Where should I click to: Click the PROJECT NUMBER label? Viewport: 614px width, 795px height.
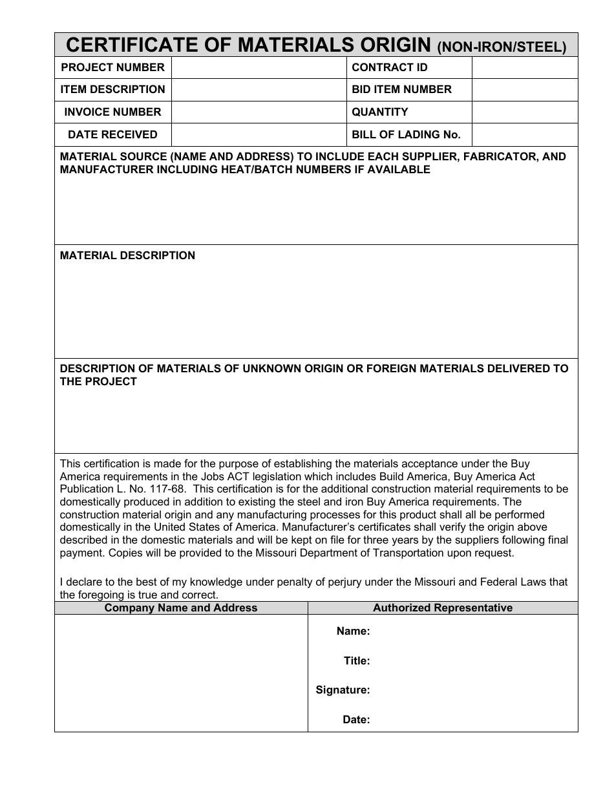tap(112, 67)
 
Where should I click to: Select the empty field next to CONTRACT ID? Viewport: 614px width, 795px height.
tap(524, 67)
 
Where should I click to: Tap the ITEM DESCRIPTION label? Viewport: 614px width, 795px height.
tap(112, 89)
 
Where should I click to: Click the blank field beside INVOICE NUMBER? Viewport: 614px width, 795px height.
tap(259, 112)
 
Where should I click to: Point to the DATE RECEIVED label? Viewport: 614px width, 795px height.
tap(112, 134)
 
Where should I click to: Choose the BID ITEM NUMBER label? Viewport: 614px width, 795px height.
tap(401, 89)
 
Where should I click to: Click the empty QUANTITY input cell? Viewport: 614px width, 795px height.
tap(524, 112)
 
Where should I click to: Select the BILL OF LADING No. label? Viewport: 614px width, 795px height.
tap(406, 134)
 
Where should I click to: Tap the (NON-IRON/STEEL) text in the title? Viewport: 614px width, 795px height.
tap(502, 47)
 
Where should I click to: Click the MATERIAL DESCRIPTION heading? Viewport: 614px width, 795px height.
tap(127, 255)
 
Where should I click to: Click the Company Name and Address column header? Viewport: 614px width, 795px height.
tap(181, 608)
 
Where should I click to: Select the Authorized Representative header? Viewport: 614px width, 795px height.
tap(443, 608)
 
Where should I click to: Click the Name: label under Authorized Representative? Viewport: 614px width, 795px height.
tap(353, 631)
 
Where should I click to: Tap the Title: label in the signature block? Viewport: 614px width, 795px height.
tap(357, 661)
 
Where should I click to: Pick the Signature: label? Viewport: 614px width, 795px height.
tap(343, 690)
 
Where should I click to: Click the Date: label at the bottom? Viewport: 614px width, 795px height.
tap(356, 719)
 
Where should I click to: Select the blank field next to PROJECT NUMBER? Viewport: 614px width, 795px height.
tap(259, 67)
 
